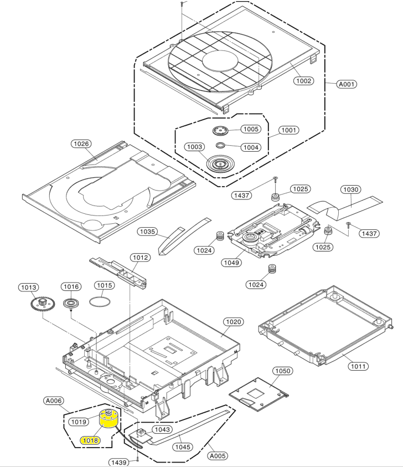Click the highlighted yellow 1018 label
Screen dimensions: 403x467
point(90,440)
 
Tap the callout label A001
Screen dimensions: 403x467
point(347,84)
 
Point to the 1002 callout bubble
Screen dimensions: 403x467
point(303,81)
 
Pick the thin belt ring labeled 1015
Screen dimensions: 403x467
point(100,301)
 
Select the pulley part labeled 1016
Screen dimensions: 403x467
point(71,304)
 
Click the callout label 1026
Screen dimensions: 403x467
point(81,144)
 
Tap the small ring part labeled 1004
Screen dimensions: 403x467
point(220,145)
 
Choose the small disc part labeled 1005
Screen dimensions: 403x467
point(220,130)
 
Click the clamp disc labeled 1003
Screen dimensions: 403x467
point(220,163)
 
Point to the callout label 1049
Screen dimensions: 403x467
point(231,263)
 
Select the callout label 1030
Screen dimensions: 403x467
point(350,189)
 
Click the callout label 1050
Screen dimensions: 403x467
point(282,371)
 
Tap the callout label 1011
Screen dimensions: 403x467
point(358,366)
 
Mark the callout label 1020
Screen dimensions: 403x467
point(234,322)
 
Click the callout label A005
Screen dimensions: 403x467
point(218,456)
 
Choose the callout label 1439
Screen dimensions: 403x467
point(119,462)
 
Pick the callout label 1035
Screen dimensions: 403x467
point(148,232)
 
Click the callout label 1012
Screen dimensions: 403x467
point(140,258)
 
